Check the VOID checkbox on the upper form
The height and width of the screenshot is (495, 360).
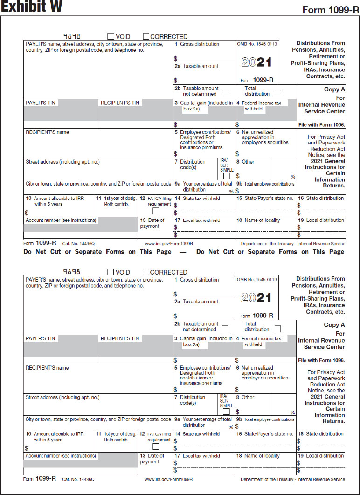click(111, 36)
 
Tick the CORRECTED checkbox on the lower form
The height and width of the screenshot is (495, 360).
click(146, 272)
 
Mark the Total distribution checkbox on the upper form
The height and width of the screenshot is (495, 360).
click(278, 93)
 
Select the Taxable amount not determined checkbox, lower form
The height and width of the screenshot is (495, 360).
click(225, 329)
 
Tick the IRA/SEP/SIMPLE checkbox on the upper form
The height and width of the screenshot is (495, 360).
click(226, 176)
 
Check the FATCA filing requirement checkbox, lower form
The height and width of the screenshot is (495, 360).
click(156, 447)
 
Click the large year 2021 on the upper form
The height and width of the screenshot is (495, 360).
click(256, 62)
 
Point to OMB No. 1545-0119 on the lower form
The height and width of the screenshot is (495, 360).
click(256, 280)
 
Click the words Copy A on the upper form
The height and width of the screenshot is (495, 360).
click(334, 89)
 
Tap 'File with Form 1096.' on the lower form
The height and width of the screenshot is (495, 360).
click(321, 360)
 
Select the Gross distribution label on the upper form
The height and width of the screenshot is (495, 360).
click(199, 44)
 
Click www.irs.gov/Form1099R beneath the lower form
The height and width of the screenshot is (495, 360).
click(169, 479)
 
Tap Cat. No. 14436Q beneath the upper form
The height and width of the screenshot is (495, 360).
click(78, 244)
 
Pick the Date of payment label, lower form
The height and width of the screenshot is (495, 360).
click(152, 459)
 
